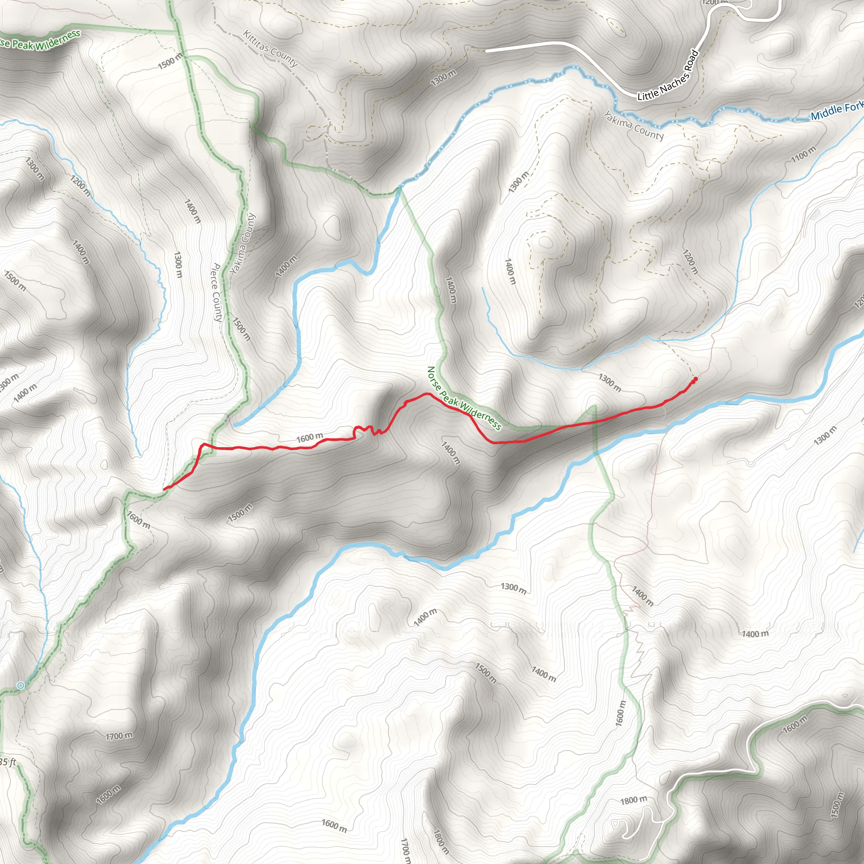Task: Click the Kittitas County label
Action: click(270, 48)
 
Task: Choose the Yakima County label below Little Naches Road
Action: click(634, 126)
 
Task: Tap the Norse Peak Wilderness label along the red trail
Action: click(464, 398)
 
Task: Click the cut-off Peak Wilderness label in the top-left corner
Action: click(40, 40)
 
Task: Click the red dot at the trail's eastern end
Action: click(695, 379)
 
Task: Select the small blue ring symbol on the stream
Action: click(20, 685)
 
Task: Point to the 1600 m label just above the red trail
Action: click(310, 437)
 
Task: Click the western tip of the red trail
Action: click(165, 489)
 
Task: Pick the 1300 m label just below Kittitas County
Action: click(443, 78)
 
